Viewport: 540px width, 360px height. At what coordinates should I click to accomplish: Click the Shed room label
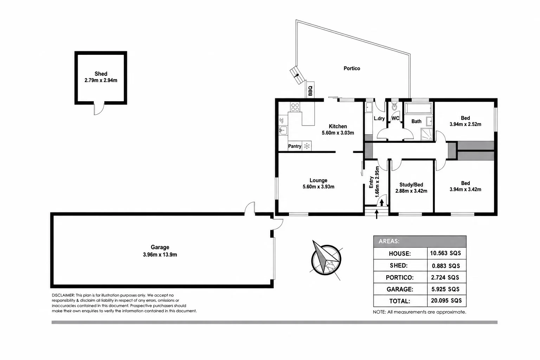(101, 74)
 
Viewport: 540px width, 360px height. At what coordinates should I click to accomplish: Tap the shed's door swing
(99, 109)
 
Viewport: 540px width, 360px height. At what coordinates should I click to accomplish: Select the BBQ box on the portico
(310, 90)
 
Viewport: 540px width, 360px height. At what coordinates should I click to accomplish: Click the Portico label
(352, 69)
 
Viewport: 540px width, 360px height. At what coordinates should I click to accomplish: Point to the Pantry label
(295, 146)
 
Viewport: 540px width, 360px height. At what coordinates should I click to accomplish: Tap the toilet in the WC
(394, 105)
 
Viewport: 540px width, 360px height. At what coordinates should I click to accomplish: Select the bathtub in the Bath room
(418, 108)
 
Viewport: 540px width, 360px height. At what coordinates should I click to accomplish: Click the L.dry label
(379, 118)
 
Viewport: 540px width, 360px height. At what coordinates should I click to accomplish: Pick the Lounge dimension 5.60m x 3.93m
(318, 187)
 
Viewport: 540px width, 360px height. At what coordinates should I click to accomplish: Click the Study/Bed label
(411, 185)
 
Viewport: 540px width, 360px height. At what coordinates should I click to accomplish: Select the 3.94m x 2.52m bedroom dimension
(465, 124)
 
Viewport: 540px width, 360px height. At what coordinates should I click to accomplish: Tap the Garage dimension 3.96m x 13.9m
(160, 255)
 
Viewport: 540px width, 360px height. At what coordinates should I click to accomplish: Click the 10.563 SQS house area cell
(445, 253)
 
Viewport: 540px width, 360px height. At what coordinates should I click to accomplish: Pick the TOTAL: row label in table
(399, 301)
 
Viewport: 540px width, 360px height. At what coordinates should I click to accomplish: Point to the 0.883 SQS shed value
(446, 266)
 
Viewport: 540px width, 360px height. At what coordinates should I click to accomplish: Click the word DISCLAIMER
(63, 295)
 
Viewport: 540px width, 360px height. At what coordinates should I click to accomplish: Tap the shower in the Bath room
(427, 134)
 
